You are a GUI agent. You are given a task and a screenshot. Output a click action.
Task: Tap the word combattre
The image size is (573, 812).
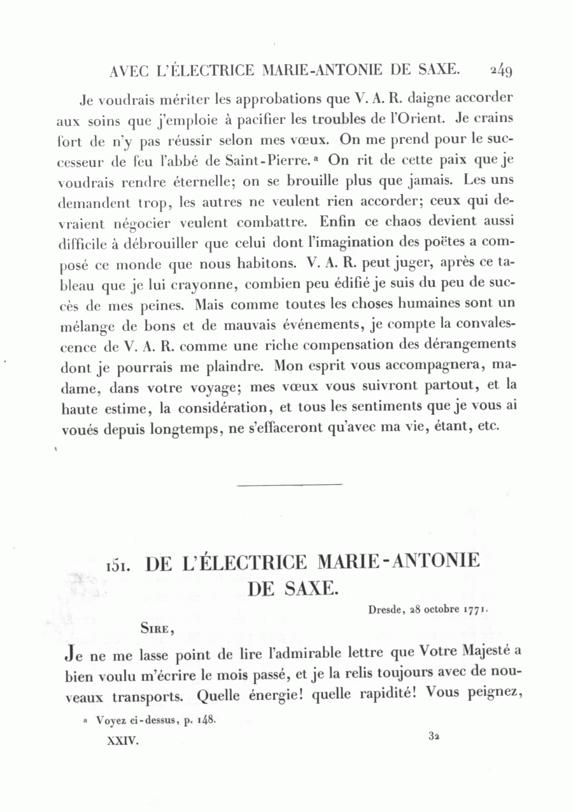click(x=274, y=223)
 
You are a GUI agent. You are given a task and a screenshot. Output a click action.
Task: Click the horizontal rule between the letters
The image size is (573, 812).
click(x=289, y=484)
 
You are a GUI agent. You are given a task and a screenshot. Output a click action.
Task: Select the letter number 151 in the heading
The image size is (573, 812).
click(x=118, y=565)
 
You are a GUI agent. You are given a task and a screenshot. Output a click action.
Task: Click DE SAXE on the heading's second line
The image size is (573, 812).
click(x=290, y=588)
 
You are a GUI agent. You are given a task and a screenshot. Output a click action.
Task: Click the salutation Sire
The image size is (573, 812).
click(x=157, y=628)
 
